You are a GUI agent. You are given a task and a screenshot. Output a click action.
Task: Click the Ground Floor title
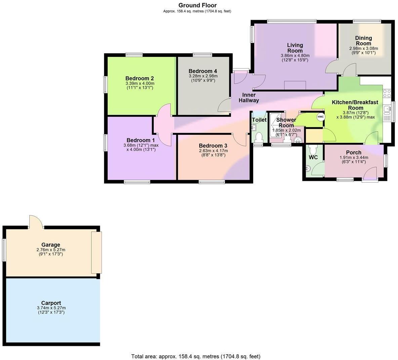click(x=197, y=5)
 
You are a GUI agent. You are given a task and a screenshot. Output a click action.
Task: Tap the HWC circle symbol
click(x=321, y=117)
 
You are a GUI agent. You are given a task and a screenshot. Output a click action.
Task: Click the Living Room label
click(x=295, y=48)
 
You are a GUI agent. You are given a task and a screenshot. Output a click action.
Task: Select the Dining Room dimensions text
click(x=363, y=50)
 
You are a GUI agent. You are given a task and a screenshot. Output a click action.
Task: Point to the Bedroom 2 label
click(x=140, y=78)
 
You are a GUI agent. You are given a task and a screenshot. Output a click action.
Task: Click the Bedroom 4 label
click(x=203, y=71)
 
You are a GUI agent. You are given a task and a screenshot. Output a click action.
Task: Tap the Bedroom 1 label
click(x=141, y=140)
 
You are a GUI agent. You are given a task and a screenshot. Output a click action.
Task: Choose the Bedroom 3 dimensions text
click(x=213, y=153)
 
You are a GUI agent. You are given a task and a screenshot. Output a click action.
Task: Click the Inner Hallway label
click(x=249, y=97)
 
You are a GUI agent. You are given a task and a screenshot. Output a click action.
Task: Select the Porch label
click(x=354, y=152)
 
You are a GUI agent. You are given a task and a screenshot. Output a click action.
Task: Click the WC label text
click(x=313, y=157)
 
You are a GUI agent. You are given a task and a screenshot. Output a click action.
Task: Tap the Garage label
click(x=51, y=245)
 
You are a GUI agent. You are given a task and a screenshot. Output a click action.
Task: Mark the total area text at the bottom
click(x=196, y=356)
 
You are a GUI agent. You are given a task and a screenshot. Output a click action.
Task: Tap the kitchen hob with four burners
click(x=387, y=93)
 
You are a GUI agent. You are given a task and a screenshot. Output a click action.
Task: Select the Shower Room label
click(x=286, y=122)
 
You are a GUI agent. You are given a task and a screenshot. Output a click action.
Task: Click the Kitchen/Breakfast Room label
click(x=355, y=105)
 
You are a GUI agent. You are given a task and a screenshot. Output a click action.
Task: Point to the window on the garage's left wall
click(x=4, y=250)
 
